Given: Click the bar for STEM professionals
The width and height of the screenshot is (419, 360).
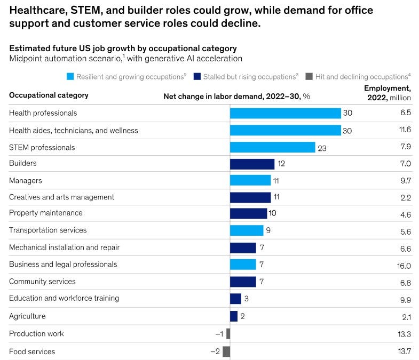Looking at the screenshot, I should pos(272,147).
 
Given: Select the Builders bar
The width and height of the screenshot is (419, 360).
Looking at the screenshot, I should pos(252,164).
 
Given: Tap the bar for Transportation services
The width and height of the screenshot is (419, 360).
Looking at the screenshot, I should pos(247,230).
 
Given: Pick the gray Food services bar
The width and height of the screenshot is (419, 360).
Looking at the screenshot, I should pos(226,351).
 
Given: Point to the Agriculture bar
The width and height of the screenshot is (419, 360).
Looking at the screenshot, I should pos(234,316).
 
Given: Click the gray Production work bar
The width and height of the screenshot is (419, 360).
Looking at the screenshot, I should pos(228,334).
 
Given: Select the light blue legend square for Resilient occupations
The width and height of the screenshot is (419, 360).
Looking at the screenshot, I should pos(69,77).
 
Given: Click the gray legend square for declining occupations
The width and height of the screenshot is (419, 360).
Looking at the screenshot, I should pos(309,77).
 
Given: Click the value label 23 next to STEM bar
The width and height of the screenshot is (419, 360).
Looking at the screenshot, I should pos(322,148).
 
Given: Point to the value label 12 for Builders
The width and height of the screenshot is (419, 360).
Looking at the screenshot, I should pos(281,164).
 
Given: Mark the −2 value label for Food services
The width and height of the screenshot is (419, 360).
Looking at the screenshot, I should pos(215,351).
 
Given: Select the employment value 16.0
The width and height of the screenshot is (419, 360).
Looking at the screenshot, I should pos(404,266).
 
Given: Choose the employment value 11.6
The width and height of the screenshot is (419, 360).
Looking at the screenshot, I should pos(405,131).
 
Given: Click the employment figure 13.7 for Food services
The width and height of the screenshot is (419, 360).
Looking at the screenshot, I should pos(404,353).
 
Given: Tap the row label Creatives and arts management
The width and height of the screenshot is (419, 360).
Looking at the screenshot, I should pos(61,197).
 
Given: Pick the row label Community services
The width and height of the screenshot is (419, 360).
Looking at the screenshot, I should pos(42,281).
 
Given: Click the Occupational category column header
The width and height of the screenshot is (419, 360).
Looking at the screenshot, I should pos(49,95).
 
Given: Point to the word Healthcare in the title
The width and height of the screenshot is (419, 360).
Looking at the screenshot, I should pos(35,10).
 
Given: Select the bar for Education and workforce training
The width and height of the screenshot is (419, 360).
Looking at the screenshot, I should pos(235,299).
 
